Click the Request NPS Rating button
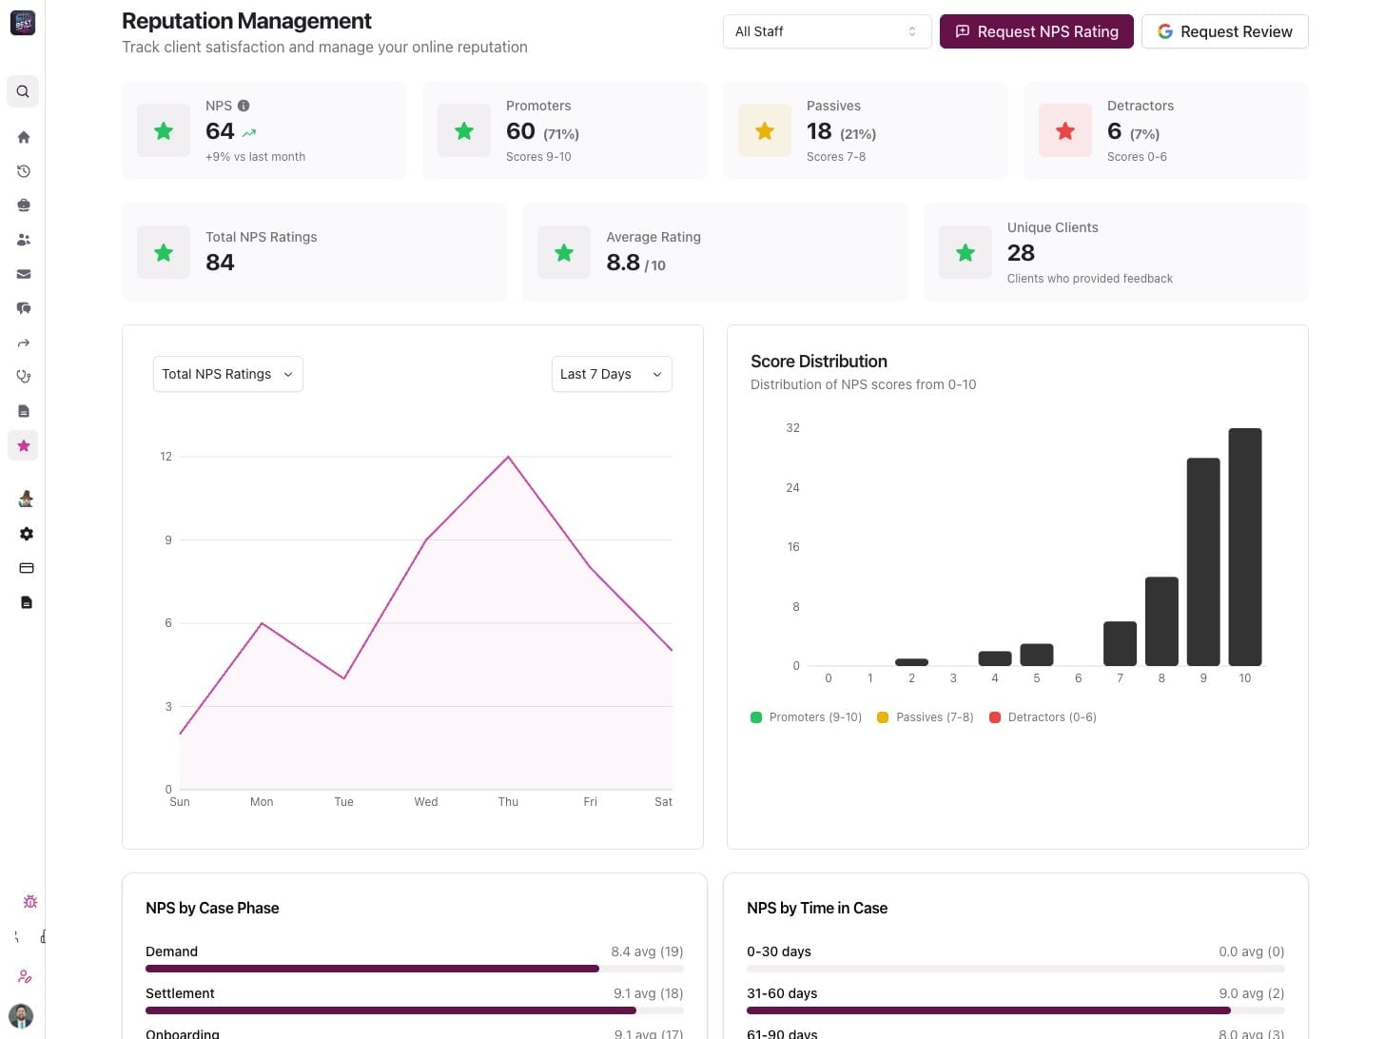(x=1036, y=31)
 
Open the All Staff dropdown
(x=826, y=31)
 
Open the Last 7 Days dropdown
(x=611, y=374)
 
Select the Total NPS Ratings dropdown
(x=227, y=374)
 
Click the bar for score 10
(x=1244, y=547)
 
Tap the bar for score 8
(x=1161, y=621)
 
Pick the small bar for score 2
(x=911, y=662)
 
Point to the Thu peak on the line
(x=508, y=458)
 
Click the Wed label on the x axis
(x=425, y=802)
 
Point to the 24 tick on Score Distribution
(x=792, y=487)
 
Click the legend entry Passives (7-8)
(x=925, y=717)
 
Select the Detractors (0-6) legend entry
(x=1043, y=717)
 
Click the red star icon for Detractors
(x=1064, y=130)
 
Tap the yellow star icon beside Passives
(x=764, y=130)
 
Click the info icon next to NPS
(x=244, y=106)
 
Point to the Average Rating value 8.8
(x=623, y=263)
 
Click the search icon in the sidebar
(x=23, y=91)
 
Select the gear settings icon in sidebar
(x=26, y=534)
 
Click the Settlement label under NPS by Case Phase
(x=180, y=993)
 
